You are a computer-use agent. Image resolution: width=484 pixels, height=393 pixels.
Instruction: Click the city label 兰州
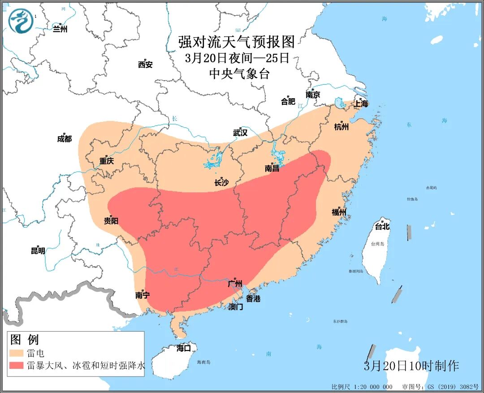point(60,29)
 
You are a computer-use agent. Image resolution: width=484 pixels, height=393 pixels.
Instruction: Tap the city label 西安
point(145,65)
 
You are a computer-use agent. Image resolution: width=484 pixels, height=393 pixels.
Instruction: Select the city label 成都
point(64,139)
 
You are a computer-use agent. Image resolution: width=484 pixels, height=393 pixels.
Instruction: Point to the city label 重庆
point(107,161)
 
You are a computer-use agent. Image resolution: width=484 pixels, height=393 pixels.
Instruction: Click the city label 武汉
point(240,133)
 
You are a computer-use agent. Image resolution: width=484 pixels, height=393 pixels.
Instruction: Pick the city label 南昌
point(272,168)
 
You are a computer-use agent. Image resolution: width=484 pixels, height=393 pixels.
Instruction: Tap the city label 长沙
point(221,182)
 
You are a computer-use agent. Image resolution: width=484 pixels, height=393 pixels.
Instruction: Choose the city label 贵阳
point(111,220)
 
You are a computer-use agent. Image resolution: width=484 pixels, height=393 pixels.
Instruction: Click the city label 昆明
point(38,251)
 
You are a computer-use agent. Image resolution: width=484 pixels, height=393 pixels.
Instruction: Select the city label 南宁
point(143,295)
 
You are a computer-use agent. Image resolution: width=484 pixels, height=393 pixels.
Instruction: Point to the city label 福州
point(339,212)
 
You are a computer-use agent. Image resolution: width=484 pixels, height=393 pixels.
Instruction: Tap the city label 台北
point(382,227)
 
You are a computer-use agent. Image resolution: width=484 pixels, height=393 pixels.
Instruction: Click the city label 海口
point(184,348)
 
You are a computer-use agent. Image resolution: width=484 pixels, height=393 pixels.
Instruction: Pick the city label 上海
point(361,104)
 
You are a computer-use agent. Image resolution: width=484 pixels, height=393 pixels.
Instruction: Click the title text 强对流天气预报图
point(237,42)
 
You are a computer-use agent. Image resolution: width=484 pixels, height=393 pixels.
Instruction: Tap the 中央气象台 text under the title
point(239,74)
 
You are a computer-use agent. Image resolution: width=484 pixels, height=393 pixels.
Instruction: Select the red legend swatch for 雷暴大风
point(17,366)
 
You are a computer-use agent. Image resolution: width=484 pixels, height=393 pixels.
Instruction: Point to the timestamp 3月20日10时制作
point(411,366)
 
